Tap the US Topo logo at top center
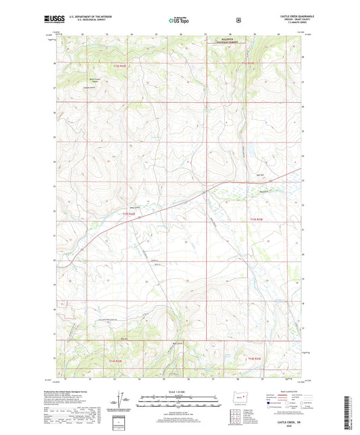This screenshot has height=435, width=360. click(x=179, y=21)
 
